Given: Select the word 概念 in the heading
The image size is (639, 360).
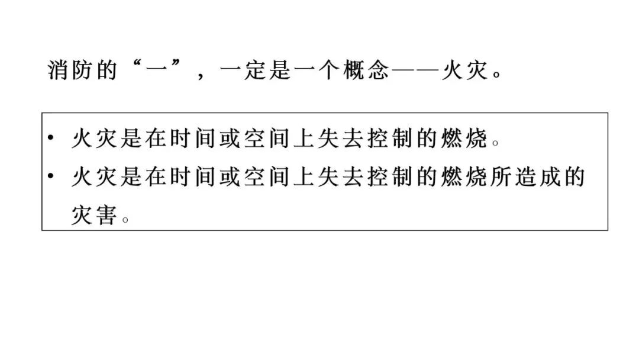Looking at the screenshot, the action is click(366, 71).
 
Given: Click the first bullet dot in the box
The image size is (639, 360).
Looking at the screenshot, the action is click(51, 139).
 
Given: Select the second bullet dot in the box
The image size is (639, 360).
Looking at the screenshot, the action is click(51, 176).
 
